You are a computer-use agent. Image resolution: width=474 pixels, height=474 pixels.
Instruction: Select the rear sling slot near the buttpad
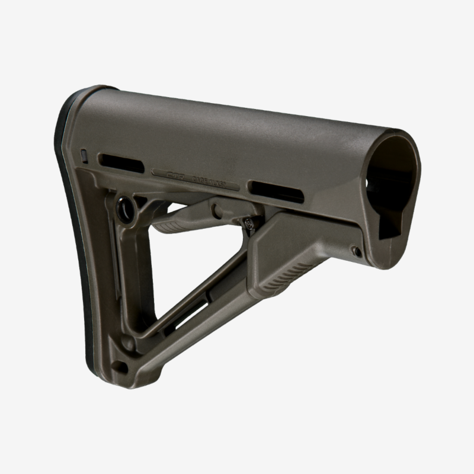[x=121, y=162]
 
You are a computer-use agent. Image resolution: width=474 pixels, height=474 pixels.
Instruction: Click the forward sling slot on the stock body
[x=276, y=191]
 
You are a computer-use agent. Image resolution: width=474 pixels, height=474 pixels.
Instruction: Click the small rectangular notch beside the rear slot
[x=84, y=156]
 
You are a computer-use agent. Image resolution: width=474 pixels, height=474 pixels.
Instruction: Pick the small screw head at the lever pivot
[x=248, y=223]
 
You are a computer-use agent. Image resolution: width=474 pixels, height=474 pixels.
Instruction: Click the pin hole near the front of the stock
[x=357, y=251]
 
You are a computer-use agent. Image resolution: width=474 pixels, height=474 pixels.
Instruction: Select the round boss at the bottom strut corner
[x=127, y=342]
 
